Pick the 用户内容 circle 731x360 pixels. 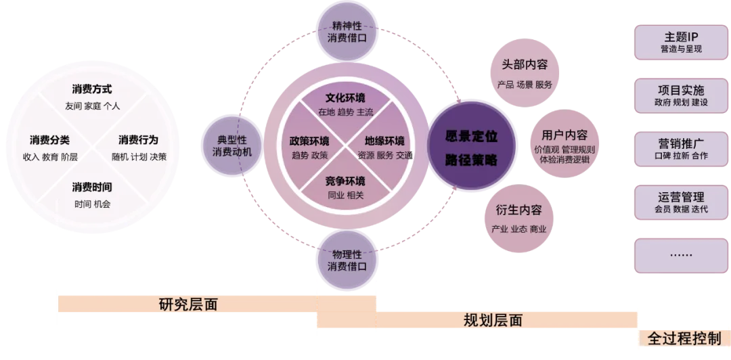click(x=560, y=144)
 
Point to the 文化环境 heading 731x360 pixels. click(x=345, y=97)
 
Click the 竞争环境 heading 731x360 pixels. click(x=345, y=181)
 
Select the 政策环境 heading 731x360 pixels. click(x=309, y=141)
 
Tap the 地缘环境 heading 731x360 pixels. click(x=384, y=141)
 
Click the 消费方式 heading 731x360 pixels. click(x=92, y=89)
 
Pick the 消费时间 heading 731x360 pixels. click(x=92, y=187)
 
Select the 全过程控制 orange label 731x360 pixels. click(x=684, y=338)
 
